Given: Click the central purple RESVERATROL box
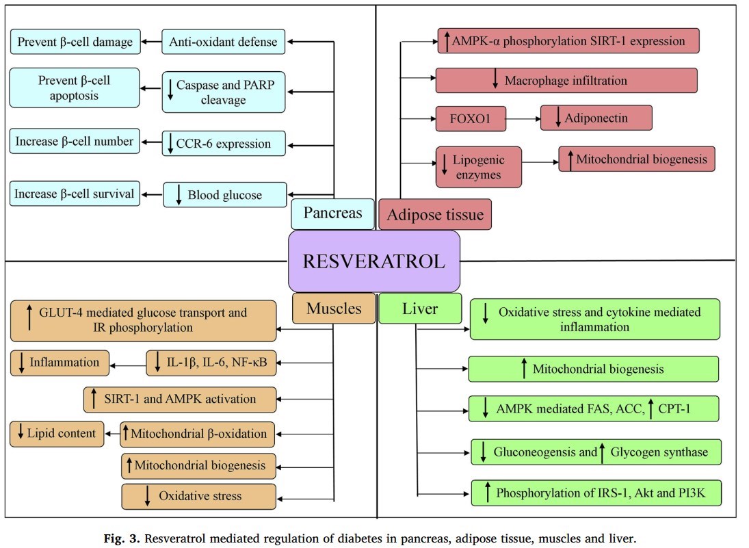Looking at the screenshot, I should (374, 261).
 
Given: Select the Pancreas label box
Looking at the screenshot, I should (332, 213).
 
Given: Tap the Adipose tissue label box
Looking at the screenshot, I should (435, 215).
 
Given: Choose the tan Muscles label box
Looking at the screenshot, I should (334, 308).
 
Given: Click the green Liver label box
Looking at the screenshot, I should (420, 309).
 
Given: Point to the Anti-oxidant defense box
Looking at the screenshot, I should (224, 42).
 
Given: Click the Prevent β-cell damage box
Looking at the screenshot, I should (75, 42).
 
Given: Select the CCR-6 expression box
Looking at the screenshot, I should (224, 144).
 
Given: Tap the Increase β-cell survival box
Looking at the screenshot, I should (75, 194).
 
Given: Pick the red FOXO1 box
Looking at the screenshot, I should (471, 118).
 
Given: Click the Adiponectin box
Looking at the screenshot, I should (596, 118).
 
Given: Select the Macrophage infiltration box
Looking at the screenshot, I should (566, 81).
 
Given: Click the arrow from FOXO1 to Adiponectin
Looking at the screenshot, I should (523, 118).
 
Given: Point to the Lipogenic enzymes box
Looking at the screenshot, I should (478, 167).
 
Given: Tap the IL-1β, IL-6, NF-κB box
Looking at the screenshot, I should (211, 363).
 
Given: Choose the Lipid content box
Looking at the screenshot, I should (57, 433).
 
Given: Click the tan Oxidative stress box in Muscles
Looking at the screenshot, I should (199, 496).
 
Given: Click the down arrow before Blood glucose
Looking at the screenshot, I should (179, 195).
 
